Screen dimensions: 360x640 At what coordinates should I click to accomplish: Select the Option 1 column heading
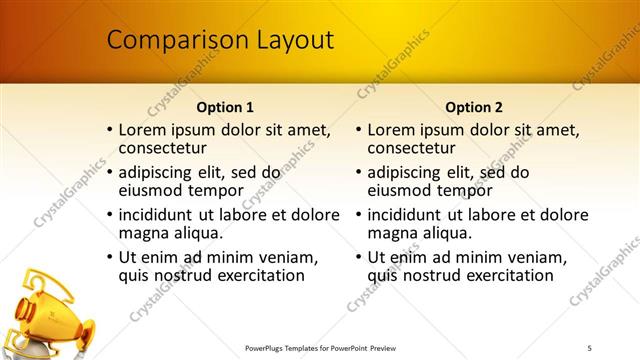(225, 107)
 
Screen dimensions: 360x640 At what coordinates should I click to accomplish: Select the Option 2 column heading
(474, 107)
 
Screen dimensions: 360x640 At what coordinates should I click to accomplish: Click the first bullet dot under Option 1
(110, 131)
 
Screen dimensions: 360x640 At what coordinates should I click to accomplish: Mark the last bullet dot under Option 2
(359, 257)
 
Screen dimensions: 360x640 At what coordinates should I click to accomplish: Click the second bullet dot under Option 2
(359, 173)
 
